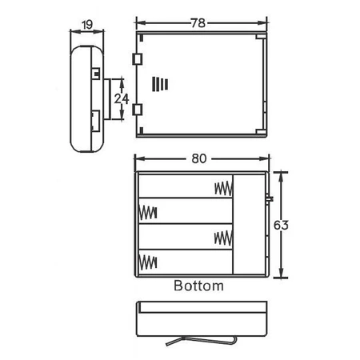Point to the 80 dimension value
point(201,158)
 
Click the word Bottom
point(198,285)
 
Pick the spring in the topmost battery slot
point(223,189)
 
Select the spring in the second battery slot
point(147,213)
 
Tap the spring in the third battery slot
point(223,238)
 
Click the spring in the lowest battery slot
point(147,262)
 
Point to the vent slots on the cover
point(162,85)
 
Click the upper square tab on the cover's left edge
point(137,60)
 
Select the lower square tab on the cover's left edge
point(137,109)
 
